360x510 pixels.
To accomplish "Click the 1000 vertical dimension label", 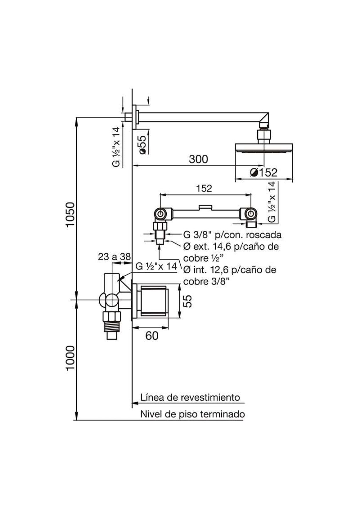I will [x=70, y=358].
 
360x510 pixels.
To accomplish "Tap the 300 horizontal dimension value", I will [x=198, y=159].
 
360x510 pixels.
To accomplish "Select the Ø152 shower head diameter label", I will [x=264, y=173].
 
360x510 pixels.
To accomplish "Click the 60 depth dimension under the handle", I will [x=152, y=336].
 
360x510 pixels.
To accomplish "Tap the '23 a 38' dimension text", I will [x=114, y=257].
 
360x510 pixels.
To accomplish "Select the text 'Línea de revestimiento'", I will [x=190, y=397].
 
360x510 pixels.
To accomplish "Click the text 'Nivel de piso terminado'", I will [x=192, y=414].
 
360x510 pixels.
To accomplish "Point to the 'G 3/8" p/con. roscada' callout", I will [x=232, y=235].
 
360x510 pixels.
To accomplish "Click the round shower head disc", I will [x=264, y=148].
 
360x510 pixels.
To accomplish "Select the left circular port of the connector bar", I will [x=160, y=214].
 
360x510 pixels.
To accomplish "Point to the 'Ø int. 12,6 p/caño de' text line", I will [x=230, y=270].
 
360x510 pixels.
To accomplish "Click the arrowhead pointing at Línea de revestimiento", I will [x=134, y=403].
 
